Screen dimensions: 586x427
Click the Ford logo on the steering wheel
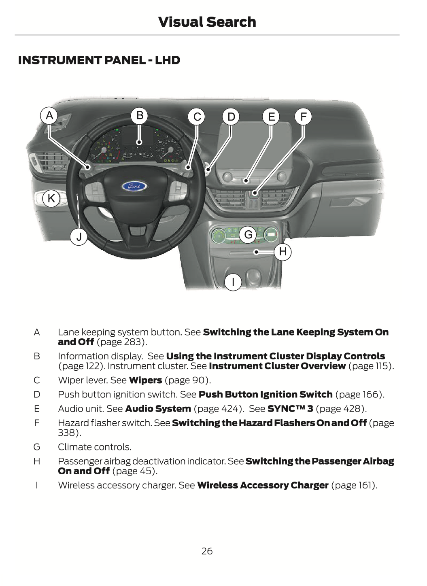point(134,187)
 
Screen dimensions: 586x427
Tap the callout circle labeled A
point(49,116)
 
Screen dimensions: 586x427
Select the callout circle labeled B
point(140,116)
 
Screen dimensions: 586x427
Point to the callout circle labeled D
point(231,117)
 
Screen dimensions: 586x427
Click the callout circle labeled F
point(303,117)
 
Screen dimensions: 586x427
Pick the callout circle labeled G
point(248,235)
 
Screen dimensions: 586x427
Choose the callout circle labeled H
point(283,252)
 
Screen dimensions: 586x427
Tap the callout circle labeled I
point(233,282)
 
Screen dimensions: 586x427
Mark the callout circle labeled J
point(79,237)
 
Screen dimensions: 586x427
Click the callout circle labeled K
point(51,198)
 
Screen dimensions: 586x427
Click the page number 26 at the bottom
point(207,551)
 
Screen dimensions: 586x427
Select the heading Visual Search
point(207,22)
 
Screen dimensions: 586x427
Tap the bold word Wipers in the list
point(145,380)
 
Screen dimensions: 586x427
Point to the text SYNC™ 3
point(290,409)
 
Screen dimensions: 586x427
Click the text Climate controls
point(95,447)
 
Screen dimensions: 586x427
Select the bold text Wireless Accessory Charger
point(263,485)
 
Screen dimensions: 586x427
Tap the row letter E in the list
point(37,409)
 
